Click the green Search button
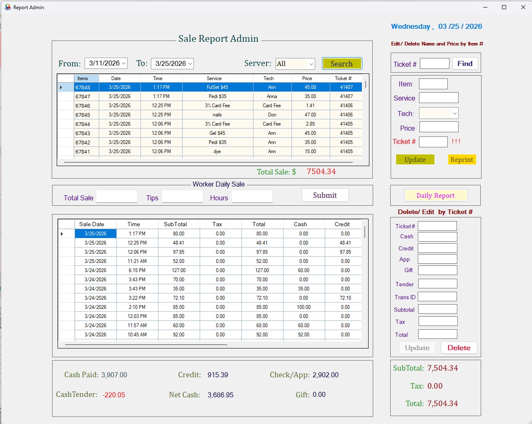(x=341, y=63)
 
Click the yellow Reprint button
(x=462, y=159)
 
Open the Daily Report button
(x=436, y=195)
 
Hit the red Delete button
(x=459, y=348)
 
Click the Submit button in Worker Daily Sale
(x=325, y=195)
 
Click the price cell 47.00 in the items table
(x=310, y=115)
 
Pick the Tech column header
(x=269, y=78)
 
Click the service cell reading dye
(x=217, y=151)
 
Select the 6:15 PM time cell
(x=137, y=270)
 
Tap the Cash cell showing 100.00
(x=304, y=307)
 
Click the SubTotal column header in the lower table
(x=175, y=224)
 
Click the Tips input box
(x=182, y=197)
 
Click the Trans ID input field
(x=437, y=297)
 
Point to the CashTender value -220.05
(x=114, y=395)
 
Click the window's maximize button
(x=504, y=7)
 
